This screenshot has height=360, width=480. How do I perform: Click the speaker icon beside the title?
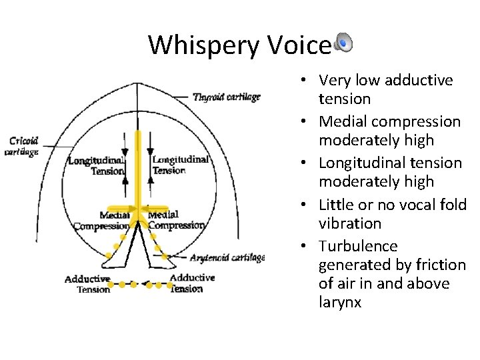[x=343, y=43]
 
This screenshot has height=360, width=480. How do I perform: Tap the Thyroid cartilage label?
[x=227, y=97]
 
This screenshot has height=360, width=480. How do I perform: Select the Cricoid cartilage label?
[x=22, y=146]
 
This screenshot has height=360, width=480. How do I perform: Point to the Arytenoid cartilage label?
[x=227, y=257]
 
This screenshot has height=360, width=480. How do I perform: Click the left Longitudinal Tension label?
[x=95, y=165]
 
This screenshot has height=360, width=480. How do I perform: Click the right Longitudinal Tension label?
[x=180, y=165]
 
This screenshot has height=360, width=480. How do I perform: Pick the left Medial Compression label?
[x=101, y=220]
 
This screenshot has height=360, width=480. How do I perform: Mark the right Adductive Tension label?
[x=192, y=283]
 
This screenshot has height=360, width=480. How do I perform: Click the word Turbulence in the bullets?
[x=358, y=246]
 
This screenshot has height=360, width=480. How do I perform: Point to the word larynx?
[x=340, y=302]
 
